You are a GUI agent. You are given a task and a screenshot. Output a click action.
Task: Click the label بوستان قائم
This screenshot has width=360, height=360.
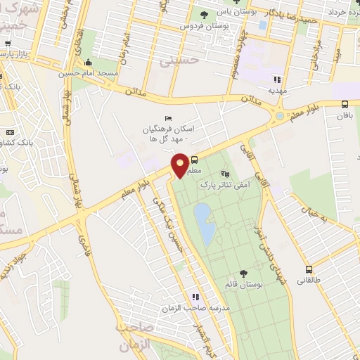(243, 285)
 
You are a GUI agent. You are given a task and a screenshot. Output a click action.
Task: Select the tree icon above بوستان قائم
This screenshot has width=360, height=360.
(243, 274)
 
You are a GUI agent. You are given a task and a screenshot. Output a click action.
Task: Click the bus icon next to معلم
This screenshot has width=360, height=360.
(195, 160)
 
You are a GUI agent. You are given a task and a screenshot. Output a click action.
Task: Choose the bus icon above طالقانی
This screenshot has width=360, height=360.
(309, 269)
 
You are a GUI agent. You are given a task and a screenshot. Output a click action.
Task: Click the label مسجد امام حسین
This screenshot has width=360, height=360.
(116, 72)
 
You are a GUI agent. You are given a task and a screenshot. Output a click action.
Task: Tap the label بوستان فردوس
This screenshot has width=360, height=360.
(199, 26)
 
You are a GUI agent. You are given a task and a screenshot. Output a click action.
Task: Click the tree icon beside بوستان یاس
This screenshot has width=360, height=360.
(205, 14)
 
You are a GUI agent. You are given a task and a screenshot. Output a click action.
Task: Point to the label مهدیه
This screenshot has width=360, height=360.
(277, 91)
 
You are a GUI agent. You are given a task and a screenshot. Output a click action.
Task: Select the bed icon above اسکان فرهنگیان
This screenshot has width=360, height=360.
(167, 117)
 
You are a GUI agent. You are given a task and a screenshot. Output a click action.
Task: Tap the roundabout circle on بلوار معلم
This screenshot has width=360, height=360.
(280, 115)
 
